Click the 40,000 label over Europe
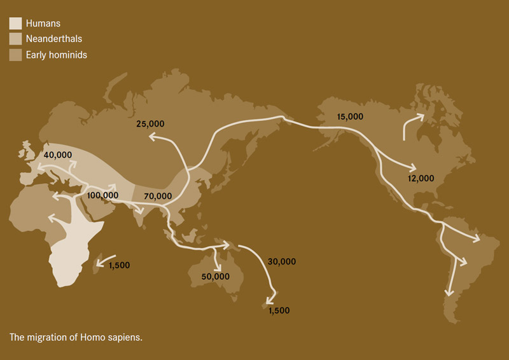click(58, 155)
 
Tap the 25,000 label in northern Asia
click(151, 123)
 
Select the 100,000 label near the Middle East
click(102, 195)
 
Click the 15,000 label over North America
click(350, 116)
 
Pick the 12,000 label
click(421, 178)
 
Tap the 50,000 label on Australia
click(215, 276)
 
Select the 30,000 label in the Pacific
click(282, 261)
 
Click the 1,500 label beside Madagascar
click(119, 265)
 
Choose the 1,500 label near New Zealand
click(279, 310)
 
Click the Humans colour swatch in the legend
click(15, 24)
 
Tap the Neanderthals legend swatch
click(15, 39)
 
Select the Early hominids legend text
click(57, 55)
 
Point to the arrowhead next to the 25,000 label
click(151, 135)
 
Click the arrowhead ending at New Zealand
click(272, 301)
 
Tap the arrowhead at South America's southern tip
click(449, 292)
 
